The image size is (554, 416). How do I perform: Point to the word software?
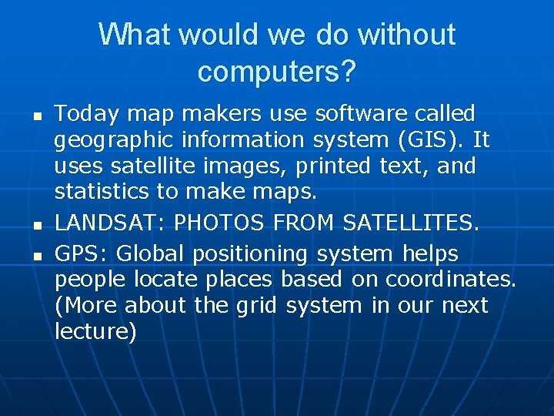coord(359,115)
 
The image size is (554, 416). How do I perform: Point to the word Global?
coord(152,253)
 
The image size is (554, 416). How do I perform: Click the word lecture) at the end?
coord(95,331)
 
